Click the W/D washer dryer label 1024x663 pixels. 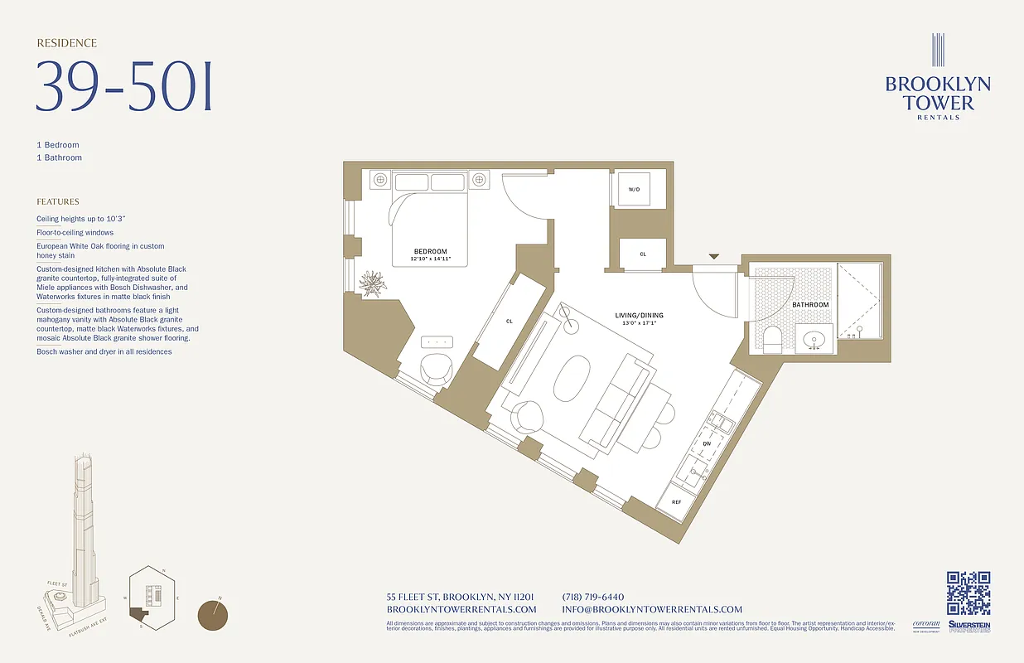tap(634, 190)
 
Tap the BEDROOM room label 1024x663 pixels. tap(430, 251)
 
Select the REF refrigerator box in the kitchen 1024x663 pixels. tap(676, 502)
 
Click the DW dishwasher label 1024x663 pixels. tap(707, 444)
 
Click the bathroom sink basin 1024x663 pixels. tap(814, 339)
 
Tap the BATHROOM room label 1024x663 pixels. tap(809, 305)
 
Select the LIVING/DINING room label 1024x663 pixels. tap(638, 315)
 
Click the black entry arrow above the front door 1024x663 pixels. tap(713, 257)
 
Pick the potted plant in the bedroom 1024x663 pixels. tap(373, 283)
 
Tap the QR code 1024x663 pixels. tap(968, 593)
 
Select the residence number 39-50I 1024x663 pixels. tap(124, 87)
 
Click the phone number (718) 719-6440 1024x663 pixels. tap(592, 597)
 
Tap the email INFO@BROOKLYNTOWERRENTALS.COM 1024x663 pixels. tap(652, 609)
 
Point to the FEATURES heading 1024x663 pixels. tap(58, 201)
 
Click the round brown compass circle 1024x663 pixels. tap(213, 615)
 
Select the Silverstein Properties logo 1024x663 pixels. tap(969, 627)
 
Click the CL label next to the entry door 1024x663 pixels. tap(643, 254)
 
